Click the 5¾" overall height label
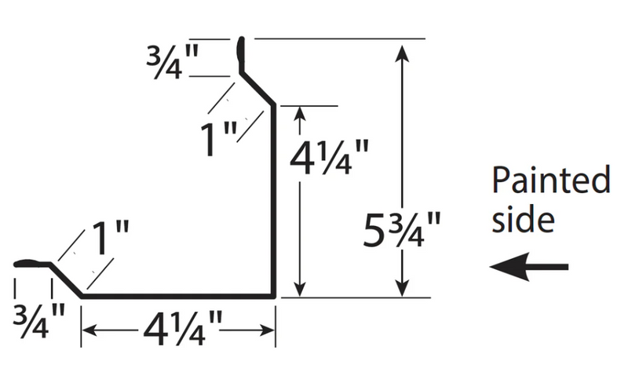[402, 229]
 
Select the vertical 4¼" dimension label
[329, 157]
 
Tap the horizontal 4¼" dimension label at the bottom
[182, 329]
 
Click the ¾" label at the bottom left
[38, 321]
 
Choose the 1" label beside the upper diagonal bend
[219, 140]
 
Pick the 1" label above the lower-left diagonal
[111, 239]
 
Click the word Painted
[551, 180]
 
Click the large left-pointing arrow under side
[528, 267]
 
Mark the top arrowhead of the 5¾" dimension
[402, 53]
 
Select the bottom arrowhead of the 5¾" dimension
[402, 287]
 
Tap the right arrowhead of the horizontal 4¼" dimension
[266, 330]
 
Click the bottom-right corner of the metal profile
[275, 298]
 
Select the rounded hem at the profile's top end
[241, 54]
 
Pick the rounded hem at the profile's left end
[32, 264]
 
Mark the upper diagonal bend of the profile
[257, 89]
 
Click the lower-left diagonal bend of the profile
[66, 280]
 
